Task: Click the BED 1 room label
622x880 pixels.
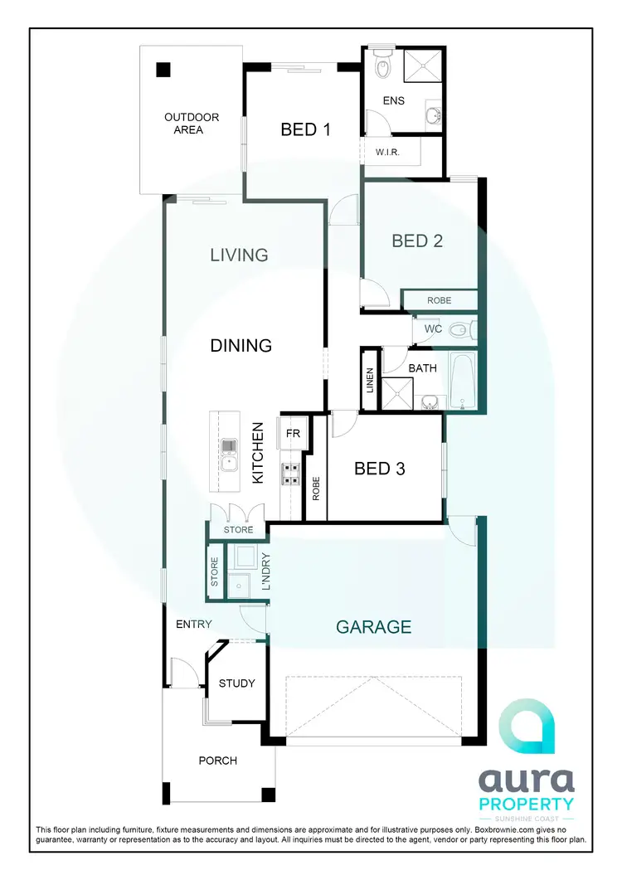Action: point(306,129)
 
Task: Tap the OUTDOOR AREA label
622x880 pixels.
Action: point(183,124)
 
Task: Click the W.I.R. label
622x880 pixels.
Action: point(389,153)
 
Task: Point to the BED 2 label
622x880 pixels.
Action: point(417,241)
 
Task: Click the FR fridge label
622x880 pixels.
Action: point(294,433)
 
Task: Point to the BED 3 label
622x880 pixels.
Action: point(380,469)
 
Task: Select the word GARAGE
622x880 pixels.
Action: point(373,627)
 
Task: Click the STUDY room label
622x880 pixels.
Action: point(236,683)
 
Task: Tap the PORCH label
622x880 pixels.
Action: point(217,761)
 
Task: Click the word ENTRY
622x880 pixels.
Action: point(193,625)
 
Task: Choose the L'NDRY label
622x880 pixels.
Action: point(266,571)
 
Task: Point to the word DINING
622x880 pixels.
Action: point(241,345)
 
